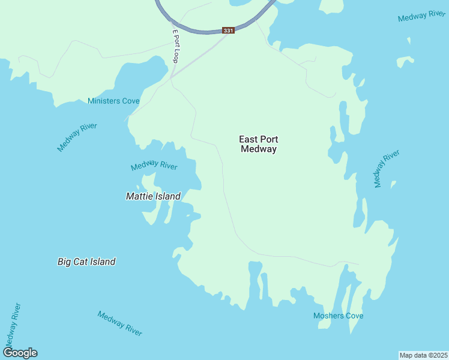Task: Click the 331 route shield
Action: pyautogui.click(x=228, y=31)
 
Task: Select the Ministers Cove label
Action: pyautogui.click(x=113, y=101)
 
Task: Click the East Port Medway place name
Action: pyautogui.click(x=259, y=144)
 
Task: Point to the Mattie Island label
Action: pyautogui.click(x=153, y=196)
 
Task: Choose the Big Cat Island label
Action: pyautogui.click(x=86, y=262)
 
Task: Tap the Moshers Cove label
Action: pyautogui.click(x=338, y=316)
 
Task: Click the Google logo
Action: pyautogui.click(x=20, y=353)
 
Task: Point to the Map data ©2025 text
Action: pyautogui.click(x=423, y=355)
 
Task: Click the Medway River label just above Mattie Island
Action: pyautogui.click(x=154, y=165)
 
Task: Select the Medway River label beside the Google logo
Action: pyautogui.click(x=12, y=325)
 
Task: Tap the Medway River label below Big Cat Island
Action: pyautogui.click(x=119, y=324)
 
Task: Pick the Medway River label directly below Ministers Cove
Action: pyautogui.click(x=77, y=137)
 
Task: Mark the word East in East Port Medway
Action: pyautogui.click(x=249, y=139)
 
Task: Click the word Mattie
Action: pyautogui.click(x=140, y=196)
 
